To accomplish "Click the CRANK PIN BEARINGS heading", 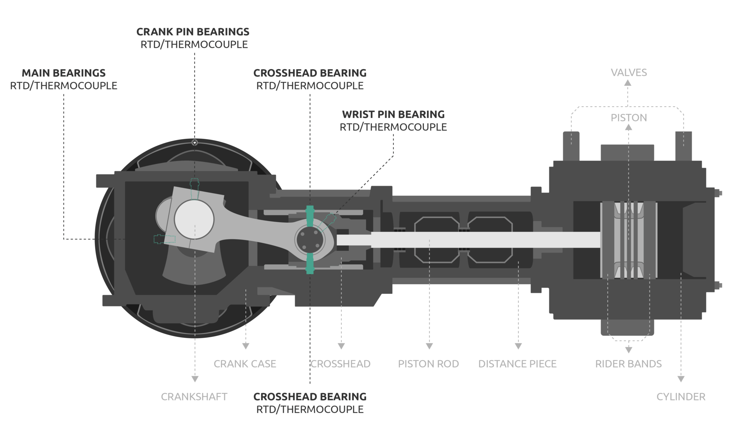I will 193,32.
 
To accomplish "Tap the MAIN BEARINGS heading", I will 64,73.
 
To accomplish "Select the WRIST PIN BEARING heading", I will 393,114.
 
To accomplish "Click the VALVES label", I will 629,73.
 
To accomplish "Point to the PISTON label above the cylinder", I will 629,118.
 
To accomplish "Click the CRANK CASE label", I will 245,364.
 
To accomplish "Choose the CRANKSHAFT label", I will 194,397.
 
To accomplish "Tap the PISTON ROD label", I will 428,364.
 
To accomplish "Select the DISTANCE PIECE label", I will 517,364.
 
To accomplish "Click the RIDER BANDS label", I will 628,364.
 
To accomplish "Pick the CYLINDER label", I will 681,397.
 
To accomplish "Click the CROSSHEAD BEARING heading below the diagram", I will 310,397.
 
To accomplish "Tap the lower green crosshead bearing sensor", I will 310,263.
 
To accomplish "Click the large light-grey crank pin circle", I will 194,219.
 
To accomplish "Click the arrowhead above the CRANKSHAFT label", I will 195,379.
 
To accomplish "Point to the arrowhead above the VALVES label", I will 628,83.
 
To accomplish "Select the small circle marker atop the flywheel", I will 195,143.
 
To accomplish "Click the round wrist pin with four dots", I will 310,239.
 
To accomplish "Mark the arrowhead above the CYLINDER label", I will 681,379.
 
